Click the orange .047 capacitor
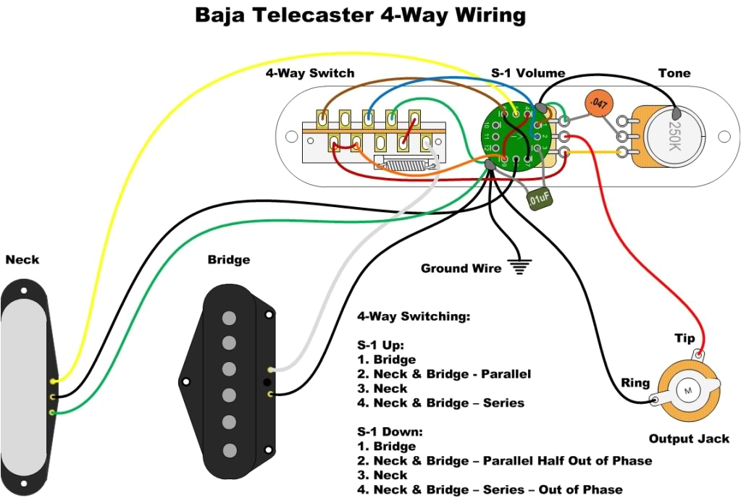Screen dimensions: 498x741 point(598,104)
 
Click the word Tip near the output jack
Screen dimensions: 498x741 point(685,339)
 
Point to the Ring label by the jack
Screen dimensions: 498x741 point(635,383)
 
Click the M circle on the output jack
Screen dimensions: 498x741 point(686,390)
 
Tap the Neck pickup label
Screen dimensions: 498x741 point(22,259)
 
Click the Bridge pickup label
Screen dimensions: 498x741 point(228,259)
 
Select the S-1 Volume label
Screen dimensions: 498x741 point(528,73)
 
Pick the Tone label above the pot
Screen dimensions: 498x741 point(674,73)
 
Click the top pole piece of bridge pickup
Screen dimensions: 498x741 point(230,317)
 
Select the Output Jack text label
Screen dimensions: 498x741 point(688,439)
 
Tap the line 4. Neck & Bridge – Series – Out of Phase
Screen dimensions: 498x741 point(490,489)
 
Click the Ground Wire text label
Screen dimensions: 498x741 point(461,269)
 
